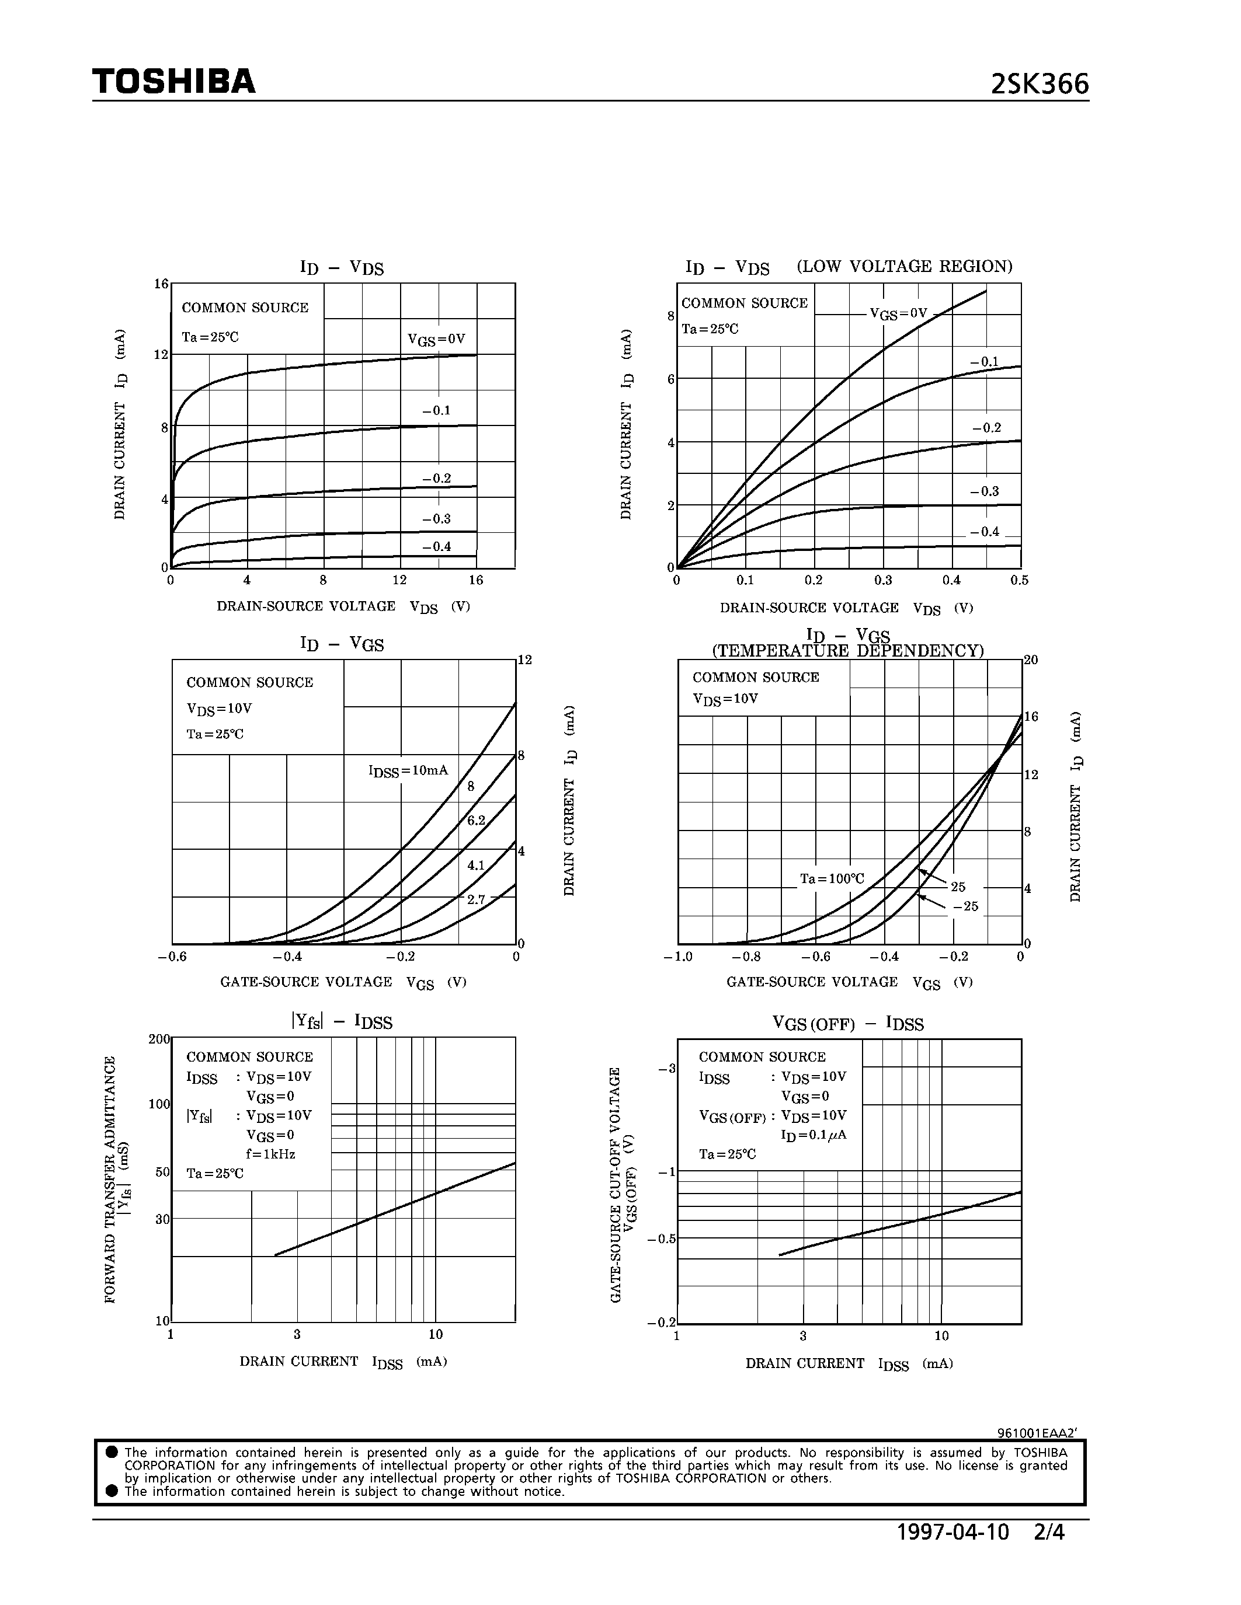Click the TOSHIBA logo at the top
[x=174, y=82]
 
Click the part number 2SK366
[x=1040, y=85]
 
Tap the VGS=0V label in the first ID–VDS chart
[x=437, y=340]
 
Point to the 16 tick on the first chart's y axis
[x=161, y=284]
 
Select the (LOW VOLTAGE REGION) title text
[x=904, y=266]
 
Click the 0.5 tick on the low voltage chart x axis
[x=1019, y=580]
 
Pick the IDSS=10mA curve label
[x=408, y=771]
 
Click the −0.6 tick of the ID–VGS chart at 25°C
[x=172, y=956]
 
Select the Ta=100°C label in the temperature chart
[x=832, y=879]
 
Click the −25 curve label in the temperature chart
[x=965, y=906]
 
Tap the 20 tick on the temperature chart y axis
[x=1031, y=660]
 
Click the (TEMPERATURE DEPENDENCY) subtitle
[x=847, y=651]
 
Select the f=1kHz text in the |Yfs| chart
[x=270, y=1154]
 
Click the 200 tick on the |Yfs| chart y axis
[x=159, y=1039]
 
